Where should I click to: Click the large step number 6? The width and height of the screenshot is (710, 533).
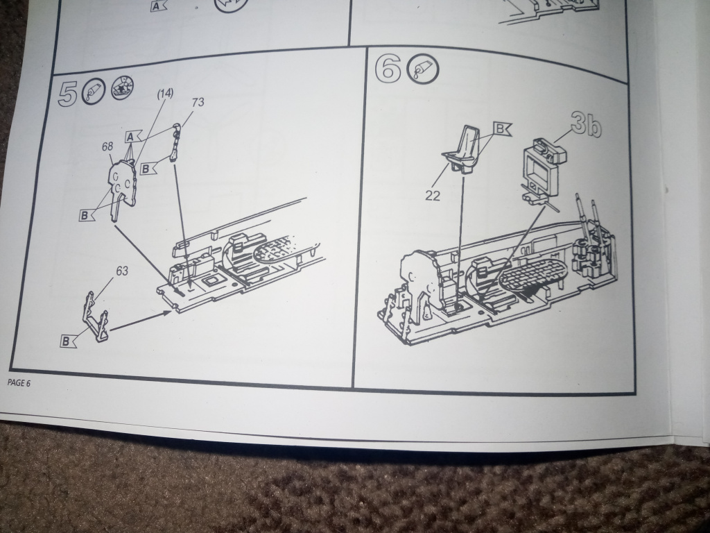click(x=388, y=69)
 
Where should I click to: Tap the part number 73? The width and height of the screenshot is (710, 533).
click(x=198, y=103)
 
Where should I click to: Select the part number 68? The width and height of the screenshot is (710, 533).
click(x=107, y=147)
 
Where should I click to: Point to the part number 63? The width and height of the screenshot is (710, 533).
click(x=122, y=271)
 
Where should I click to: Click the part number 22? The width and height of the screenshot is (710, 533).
click(x=433, y=196)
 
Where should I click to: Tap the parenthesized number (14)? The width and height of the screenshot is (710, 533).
click(x=165, y=94)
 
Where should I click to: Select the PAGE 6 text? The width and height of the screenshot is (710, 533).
click(x=19, y=383)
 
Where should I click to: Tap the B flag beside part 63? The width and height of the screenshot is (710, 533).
click(x=68, y=341)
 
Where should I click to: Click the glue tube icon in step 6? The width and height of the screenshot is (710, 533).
click(x=424, y=69)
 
